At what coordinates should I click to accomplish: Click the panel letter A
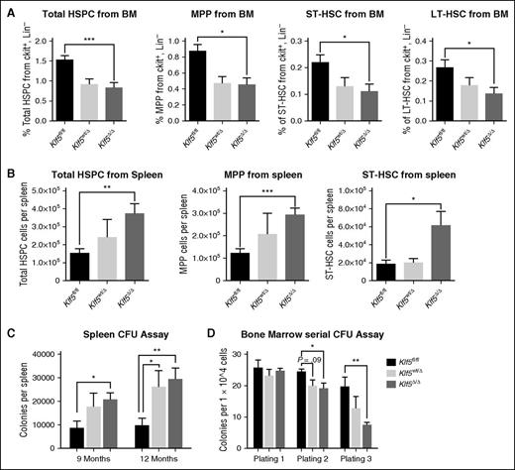point(8,8)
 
